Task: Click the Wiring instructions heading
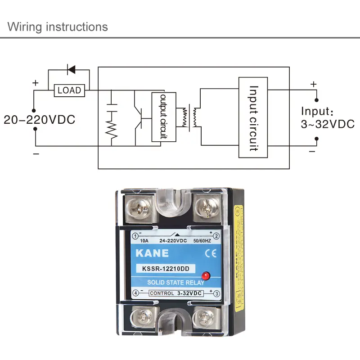pyautogui.click(x=58, y=27)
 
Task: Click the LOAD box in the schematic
pyautogui.click(x=69, y=90)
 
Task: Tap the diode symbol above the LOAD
pyautogui.click(x=71, y=70)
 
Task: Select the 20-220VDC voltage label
pyautogui.click(x=40, y=120)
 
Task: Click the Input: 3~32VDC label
pyautogui.click(x=328, y=118)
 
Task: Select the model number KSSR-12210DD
pyautogui.click(x=166, y=270)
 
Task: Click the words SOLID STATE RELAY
pyautogui.click(x=175, y=283)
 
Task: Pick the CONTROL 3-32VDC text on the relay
pyautogui.click(x=175, y=293)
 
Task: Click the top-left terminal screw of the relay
pyautogui.click(x=138, y=207)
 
